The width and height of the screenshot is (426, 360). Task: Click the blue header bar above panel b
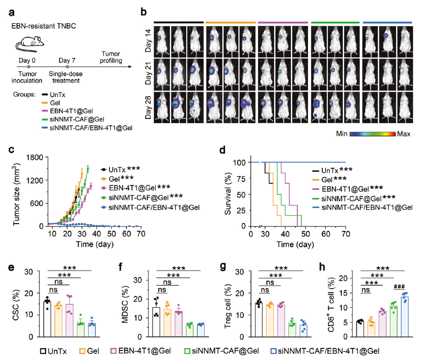coord(387,22)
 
